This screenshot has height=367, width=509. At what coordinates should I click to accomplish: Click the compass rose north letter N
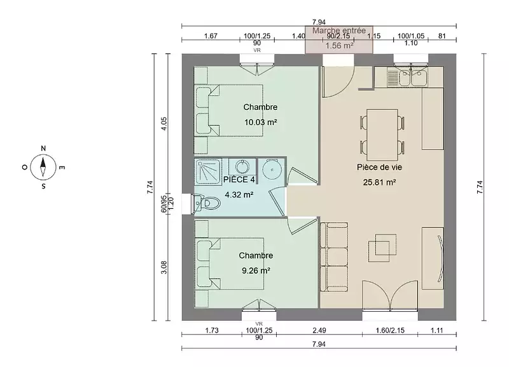(43, 149)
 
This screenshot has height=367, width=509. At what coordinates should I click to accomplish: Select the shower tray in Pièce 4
(209, 171)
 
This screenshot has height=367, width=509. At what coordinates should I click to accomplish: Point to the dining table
(382, 135)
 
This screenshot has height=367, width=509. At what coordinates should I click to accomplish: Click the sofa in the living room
(334, 257)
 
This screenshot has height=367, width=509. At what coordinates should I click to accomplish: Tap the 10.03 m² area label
(261, 123)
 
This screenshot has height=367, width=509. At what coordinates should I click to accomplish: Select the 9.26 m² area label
(256, 270)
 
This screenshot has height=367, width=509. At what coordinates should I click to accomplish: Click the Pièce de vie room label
(379, 167)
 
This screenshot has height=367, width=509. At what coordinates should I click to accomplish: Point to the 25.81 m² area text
(379, 182)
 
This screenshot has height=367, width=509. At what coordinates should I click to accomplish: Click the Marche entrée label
(339, 30)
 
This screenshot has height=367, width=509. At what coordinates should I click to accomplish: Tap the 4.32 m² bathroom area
(239, 195)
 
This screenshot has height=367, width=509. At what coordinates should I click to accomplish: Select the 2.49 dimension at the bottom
(319, 330)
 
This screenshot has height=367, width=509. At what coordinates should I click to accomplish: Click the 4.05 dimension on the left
(164, 123)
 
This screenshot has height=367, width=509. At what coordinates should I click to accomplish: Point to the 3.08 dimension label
(164, 267)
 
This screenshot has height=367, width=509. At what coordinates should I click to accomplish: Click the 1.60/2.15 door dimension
(390, 330)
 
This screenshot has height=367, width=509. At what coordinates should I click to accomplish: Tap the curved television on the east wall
(440, 259)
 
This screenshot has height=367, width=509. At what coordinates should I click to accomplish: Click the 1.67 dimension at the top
(211, 36)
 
